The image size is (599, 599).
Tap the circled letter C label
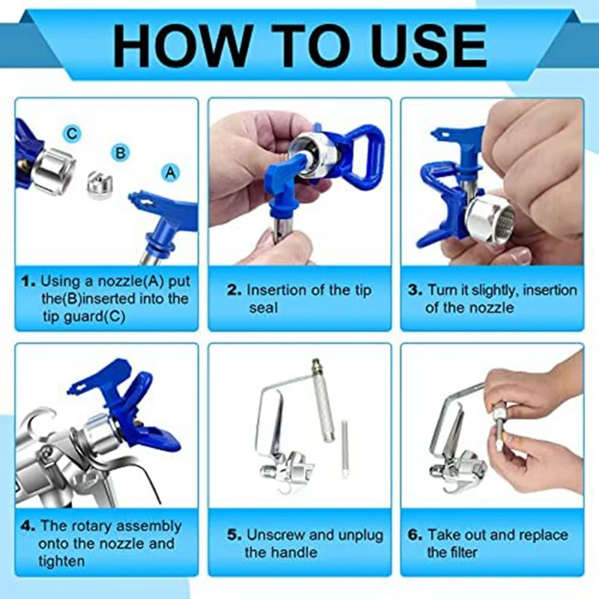[x=72, y=134]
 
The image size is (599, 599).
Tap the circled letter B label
[x=121, y=153]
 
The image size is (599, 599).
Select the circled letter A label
[x=171, y=173]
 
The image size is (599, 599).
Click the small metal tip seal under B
[x=99, y=186]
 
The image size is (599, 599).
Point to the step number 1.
[x=28, y=282]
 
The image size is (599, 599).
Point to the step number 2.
[x=234, y=291]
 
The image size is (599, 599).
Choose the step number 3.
[x=415, y=291]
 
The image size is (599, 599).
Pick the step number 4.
[x=28, y=526]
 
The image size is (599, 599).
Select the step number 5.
[x=234, y=535]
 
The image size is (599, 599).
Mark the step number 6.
[x=415, y=535]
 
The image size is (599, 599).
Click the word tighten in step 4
[x=61, y=562]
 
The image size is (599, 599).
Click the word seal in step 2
[x=264, y=308]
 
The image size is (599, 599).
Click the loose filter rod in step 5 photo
[x=344, y=449]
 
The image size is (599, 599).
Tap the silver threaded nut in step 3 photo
[x=490, y=220]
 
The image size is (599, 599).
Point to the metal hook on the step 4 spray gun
[x=43, y=416]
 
